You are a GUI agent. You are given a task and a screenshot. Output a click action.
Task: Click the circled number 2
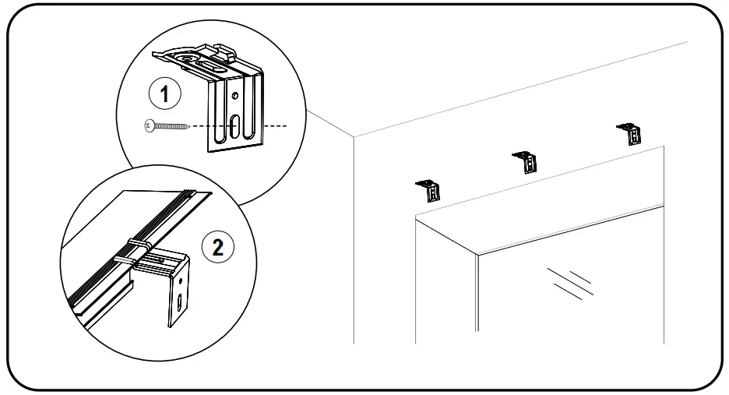point(217,247)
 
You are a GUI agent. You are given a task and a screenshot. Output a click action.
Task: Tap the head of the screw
point(150,125)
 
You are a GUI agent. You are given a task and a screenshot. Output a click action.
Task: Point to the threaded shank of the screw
point(174,125)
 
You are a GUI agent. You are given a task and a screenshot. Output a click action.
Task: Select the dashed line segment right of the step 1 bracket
point(276,125)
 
